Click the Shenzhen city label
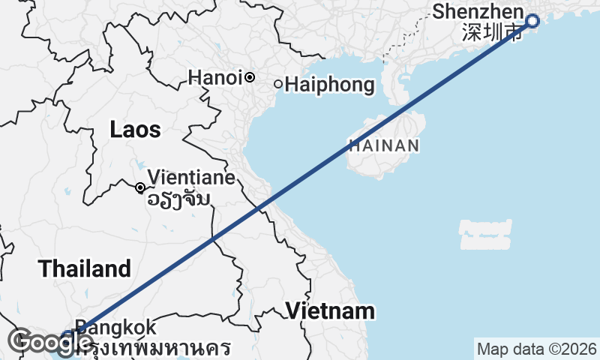click(476, 12)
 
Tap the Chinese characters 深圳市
click(492, 34)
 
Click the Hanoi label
click(214, 77)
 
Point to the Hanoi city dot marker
click(250, 77)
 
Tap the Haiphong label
click(329, 85)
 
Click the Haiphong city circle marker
click(278, 84)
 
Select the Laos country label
click(135, 130)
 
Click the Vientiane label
click(191, 178)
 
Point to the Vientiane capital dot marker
click(140, 187)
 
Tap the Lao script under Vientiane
click(178, 199)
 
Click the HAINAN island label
click(382, 146)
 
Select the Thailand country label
click(85, 268)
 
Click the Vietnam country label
click(330, 310)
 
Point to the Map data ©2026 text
click(537, 349)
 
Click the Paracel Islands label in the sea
click(485, 234)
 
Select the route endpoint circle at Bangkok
click(68, 336)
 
